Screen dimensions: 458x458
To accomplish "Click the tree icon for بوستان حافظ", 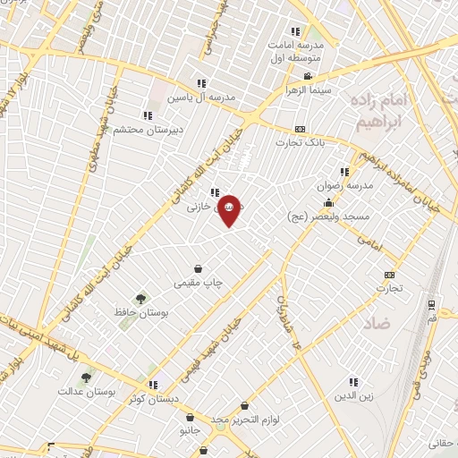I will click(x=140, y=299).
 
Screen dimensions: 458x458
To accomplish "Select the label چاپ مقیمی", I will click(x=198, y=283).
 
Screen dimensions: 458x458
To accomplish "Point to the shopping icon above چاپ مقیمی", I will click(x=198, y=268).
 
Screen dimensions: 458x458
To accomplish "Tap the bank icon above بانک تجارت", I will click(x=300, y=129).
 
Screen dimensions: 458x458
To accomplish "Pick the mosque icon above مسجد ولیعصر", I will click(x=329, y=203).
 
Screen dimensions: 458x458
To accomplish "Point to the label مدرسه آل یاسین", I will click(x=206, y=98).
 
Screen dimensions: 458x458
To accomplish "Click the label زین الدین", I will click(x=352, y=394).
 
